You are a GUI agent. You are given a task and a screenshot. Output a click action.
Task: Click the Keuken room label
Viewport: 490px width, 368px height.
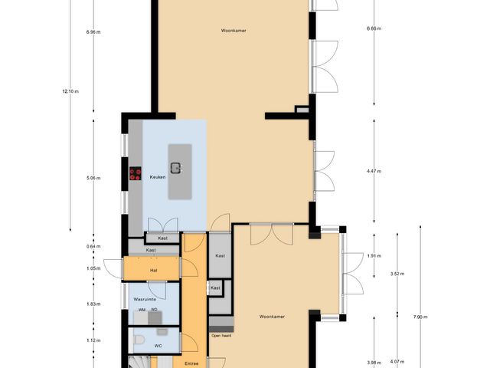(158, 176)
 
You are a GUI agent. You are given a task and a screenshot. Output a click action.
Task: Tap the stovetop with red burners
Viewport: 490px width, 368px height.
(136, 174)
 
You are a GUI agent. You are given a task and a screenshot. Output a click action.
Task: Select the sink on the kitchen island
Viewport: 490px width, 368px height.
(176, 168)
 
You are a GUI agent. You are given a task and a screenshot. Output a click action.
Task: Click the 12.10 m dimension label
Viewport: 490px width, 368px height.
(70, 92)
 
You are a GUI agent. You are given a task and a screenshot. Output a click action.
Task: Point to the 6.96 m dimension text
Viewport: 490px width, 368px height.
(93, 32)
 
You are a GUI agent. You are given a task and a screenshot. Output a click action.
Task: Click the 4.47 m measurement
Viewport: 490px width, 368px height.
(374, 172)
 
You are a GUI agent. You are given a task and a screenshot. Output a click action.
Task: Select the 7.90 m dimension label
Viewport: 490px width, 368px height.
(419, 317)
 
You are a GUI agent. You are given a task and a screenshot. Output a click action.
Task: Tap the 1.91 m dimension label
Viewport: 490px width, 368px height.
(374, 256)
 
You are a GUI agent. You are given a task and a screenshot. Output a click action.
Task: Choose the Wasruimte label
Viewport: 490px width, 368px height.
(145, 299)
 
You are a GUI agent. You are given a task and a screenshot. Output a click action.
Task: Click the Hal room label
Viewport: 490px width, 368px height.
(153, 270)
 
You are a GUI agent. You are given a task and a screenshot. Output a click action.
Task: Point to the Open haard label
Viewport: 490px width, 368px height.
(221, 335)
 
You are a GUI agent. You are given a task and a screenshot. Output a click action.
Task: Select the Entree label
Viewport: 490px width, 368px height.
(192, 363)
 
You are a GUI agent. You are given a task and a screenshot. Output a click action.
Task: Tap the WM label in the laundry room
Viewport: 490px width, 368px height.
(141, 310)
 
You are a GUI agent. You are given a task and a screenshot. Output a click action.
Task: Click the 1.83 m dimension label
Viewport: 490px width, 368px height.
(93, 304)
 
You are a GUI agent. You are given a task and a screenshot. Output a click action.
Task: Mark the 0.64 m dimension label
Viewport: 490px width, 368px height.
(93, 246)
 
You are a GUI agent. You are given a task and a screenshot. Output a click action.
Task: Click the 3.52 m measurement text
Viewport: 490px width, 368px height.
(397, 274)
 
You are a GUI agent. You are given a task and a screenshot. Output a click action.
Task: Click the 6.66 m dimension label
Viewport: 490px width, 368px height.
(374, 28)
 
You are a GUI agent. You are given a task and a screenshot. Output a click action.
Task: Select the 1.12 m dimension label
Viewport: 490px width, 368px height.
(93, 340)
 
